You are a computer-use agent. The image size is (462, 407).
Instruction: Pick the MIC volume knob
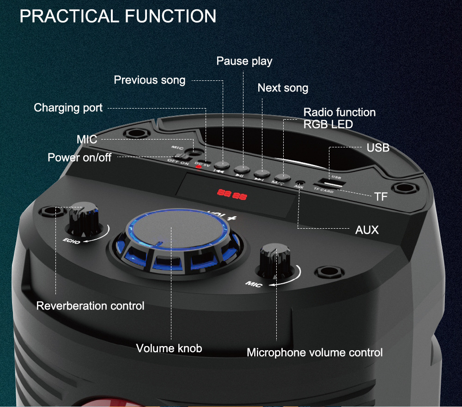[x=275, y=259]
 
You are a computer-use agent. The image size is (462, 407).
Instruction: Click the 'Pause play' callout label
[x=244, y=61]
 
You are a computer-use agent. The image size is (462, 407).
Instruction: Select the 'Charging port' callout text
[x=68, y=108]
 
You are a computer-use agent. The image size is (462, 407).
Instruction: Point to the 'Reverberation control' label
[x=90, y=305]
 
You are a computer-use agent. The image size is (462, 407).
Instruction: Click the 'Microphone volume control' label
[x=314, y=352]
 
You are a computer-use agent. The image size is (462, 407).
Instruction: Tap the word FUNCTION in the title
[x=170, y=16]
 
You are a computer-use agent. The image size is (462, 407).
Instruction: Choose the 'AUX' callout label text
[x=367, y=230]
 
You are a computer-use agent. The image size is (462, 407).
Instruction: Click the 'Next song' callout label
[x=283, y=88]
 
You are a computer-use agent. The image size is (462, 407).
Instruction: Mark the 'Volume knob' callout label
[x=169, y=348]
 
